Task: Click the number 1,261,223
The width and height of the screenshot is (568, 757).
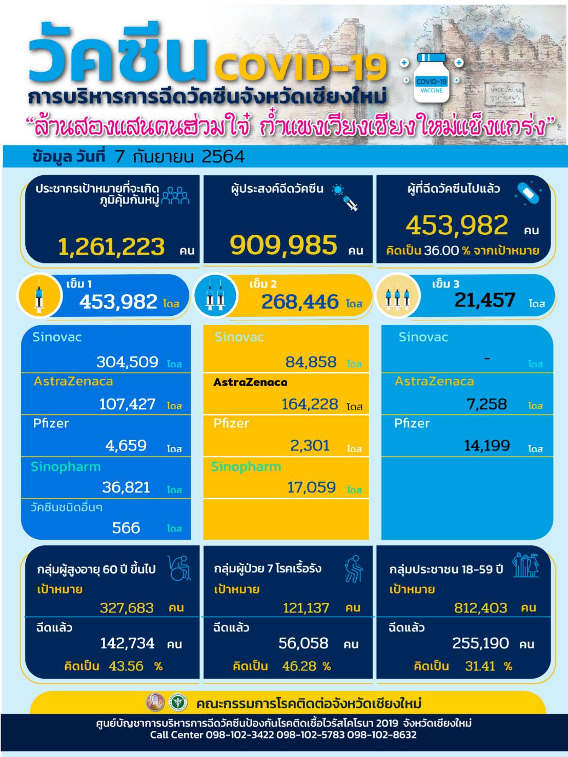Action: [111, 247]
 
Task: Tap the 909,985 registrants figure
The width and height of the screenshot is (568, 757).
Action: [283, 245]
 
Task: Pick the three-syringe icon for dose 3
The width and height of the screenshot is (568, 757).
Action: [397, 296]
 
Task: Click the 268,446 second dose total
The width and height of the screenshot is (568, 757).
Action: [300, 302]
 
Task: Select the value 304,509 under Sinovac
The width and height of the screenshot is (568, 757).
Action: [127, 362]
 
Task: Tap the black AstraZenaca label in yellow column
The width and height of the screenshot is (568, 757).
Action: [250, 382]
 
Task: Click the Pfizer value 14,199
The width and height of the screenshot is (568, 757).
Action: [486, 445]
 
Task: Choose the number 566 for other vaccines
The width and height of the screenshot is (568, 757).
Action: [126, 528]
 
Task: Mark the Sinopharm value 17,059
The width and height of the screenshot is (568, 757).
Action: [311, 487]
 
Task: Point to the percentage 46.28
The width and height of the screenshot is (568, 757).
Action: [299, 666]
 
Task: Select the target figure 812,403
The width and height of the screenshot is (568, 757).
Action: [480, 608]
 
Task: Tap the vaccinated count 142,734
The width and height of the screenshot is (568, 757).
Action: [127, 643]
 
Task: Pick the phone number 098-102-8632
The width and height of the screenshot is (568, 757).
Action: [381, 735]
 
